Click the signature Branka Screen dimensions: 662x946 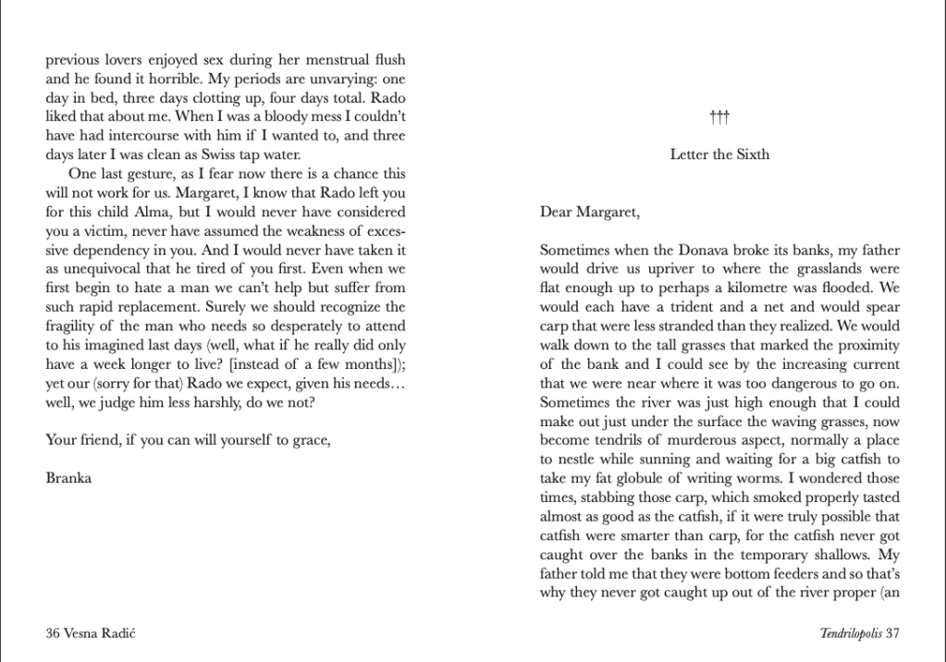[69, 478]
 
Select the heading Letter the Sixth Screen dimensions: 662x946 [719, 154]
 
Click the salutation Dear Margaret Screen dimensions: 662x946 [589, 212]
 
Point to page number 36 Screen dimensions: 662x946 [54, 633]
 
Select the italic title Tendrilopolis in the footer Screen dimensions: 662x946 [850, 633]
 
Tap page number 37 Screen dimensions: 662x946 [892, 633]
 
